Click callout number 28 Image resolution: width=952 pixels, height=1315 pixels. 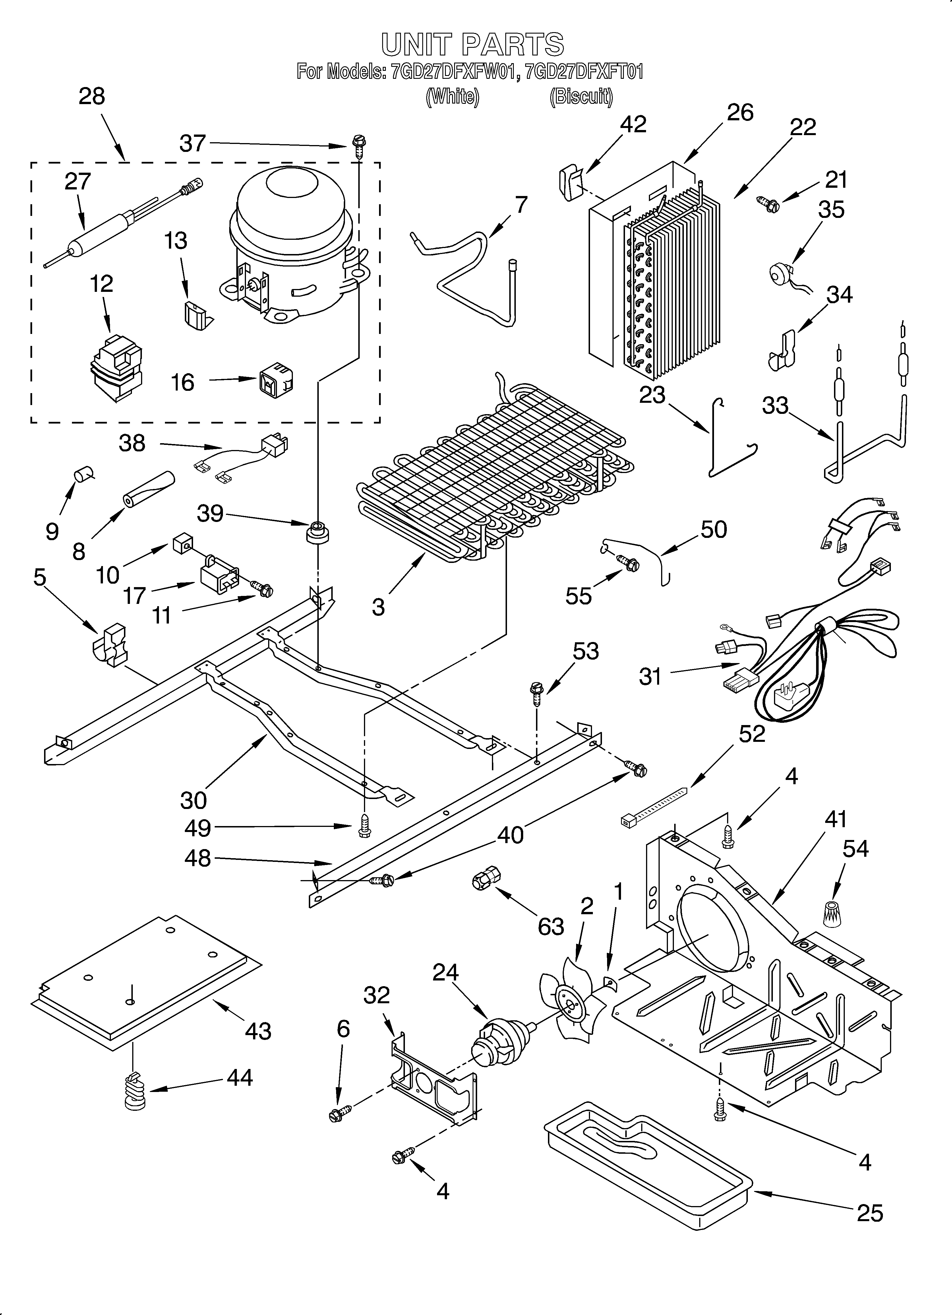tap(92, 96)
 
